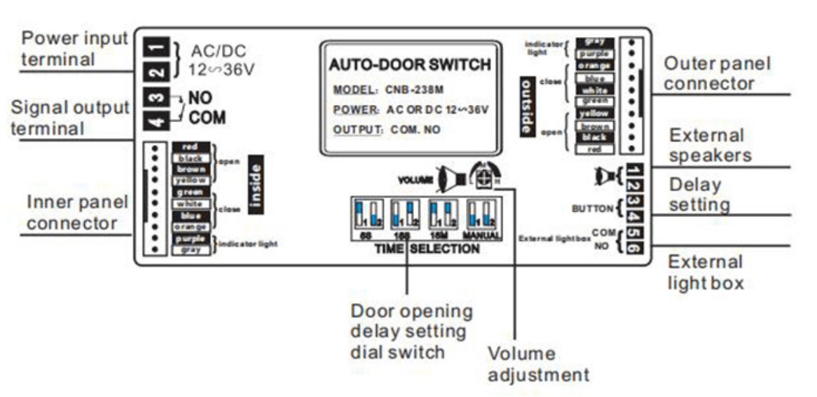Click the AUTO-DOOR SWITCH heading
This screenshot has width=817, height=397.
pyautogui.click(x=410, y=65)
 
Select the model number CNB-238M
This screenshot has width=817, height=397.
pyautogui.click(x=414, y=90)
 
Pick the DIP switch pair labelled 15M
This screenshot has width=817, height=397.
pyautogui.click(x=442, y=215)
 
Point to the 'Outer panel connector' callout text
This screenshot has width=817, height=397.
pyautogui.click(x=718, y=74)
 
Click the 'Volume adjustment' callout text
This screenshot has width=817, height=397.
pyautogui.click(x=538, y=364)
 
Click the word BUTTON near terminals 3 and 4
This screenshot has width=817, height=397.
pyautogui.click(x=593, y=208)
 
